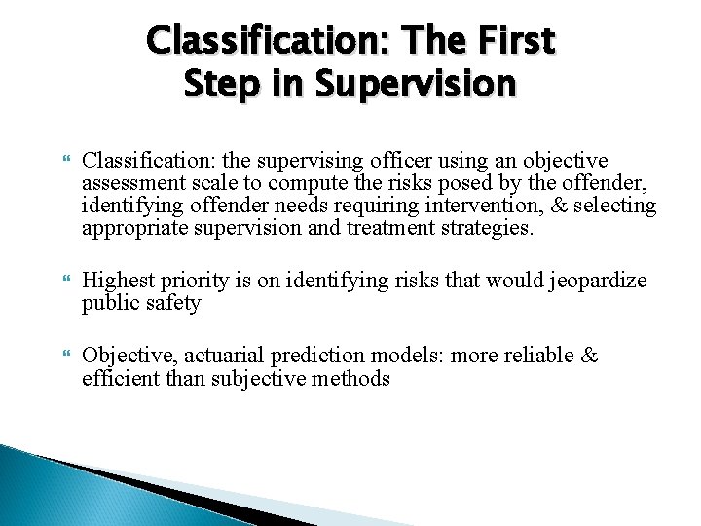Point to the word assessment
(x=129, y=182)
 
